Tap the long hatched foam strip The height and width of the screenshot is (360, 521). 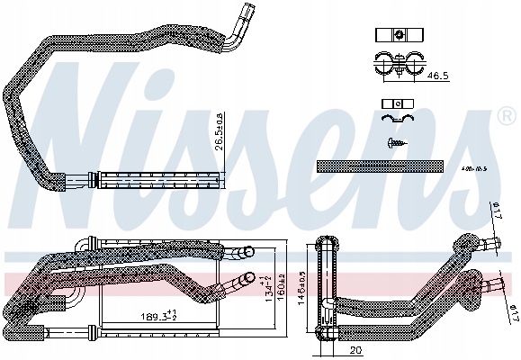380,166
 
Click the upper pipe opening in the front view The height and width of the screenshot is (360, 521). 244,253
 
